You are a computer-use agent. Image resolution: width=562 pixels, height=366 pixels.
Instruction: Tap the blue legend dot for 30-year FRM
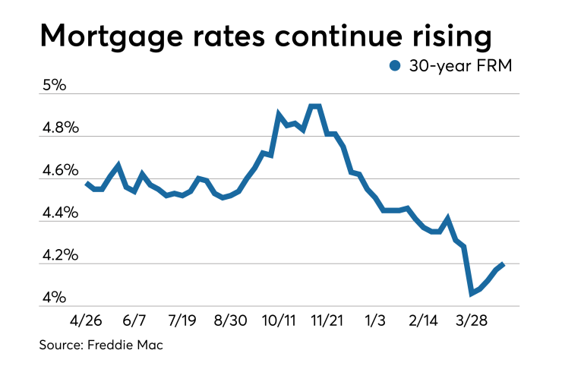click(x=394, y=67)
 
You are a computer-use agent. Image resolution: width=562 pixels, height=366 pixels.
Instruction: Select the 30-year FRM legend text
click(x=460, y=67)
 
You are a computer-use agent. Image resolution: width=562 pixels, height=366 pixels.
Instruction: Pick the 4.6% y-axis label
click(x=60, y=169)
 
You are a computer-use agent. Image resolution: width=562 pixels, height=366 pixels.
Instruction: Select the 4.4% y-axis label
click(x=60, y=212)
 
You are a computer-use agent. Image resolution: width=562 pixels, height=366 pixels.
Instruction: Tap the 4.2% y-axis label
click(x=60, y=254)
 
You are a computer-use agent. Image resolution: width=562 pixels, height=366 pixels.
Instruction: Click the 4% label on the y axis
click(x=53, y=297)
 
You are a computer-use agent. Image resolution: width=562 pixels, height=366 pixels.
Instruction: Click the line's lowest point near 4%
click(x=471, y=293)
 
